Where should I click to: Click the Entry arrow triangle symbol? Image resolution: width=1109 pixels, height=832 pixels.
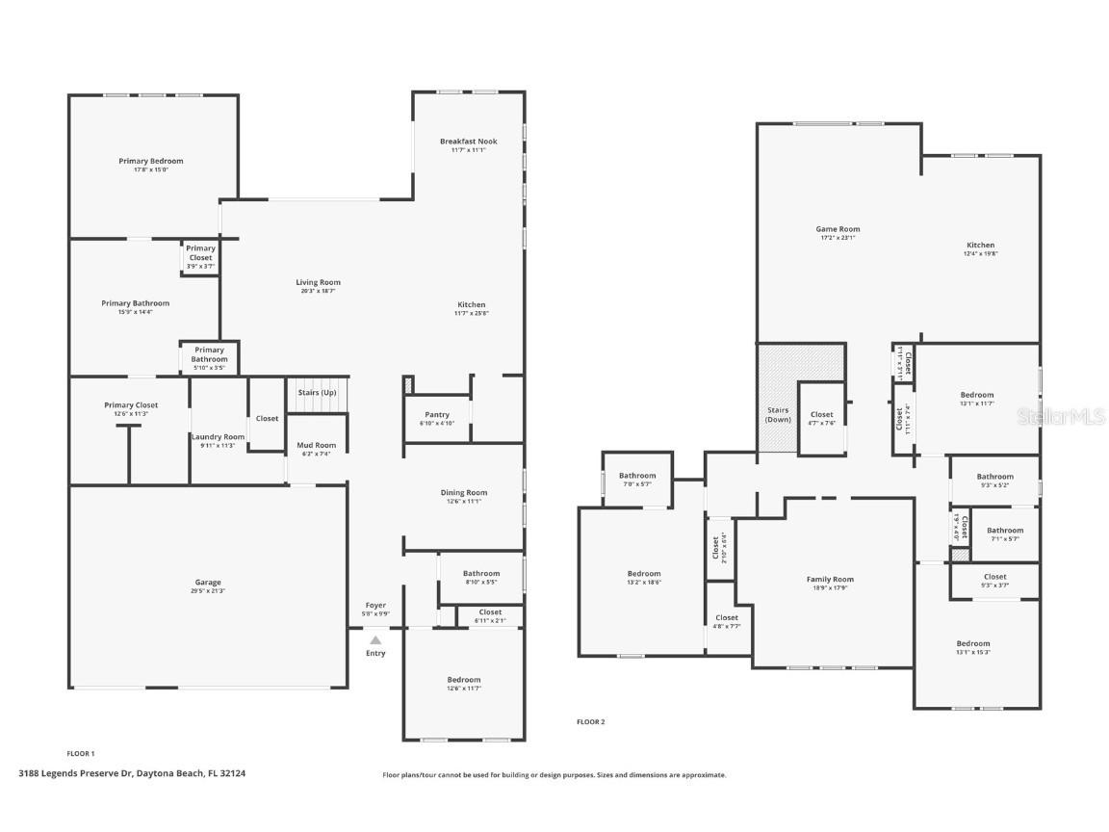[375, 639]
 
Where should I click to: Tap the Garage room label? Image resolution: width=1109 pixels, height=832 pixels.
[208, 583]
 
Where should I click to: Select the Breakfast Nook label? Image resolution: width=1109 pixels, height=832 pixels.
[468, 142]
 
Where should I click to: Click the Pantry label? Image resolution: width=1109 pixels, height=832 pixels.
[437, 415]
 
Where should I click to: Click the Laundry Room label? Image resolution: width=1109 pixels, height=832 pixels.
[218, 437]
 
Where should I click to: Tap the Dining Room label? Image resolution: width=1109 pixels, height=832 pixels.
[464, 493]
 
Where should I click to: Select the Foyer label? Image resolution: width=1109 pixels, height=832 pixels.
[375, 606]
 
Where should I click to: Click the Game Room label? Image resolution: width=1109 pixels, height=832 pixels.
[838, 229]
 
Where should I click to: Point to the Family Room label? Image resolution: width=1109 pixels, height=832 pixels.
[830, 580]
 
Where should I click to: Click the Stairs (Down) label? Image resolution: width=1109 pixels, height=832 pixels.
[778, 415]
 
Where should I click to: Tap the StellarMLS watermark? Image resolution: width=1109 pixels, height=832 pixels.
[1061, 416]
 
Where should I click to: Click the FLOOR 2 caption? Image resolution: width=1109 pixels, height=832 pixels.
[591, 721]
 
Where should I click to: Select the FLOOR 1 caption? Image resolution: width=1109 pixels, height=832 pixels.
[81, 753]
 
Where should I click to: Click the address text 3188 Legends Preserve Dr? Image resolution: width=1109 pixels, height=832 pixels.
[132, 772]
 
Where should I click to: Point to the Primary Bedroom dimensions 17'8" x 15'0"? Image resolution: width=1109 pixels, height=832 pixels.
[151, 169]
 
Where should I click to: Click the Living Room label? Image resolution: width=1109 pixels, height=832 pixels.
[318, 282]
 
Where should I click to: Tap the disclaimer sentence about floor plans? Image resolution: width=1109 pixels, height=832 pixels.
[554, 775]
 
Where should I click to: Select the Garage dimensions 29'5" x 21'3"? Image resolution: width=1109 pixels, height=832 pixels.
[208, 591]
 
